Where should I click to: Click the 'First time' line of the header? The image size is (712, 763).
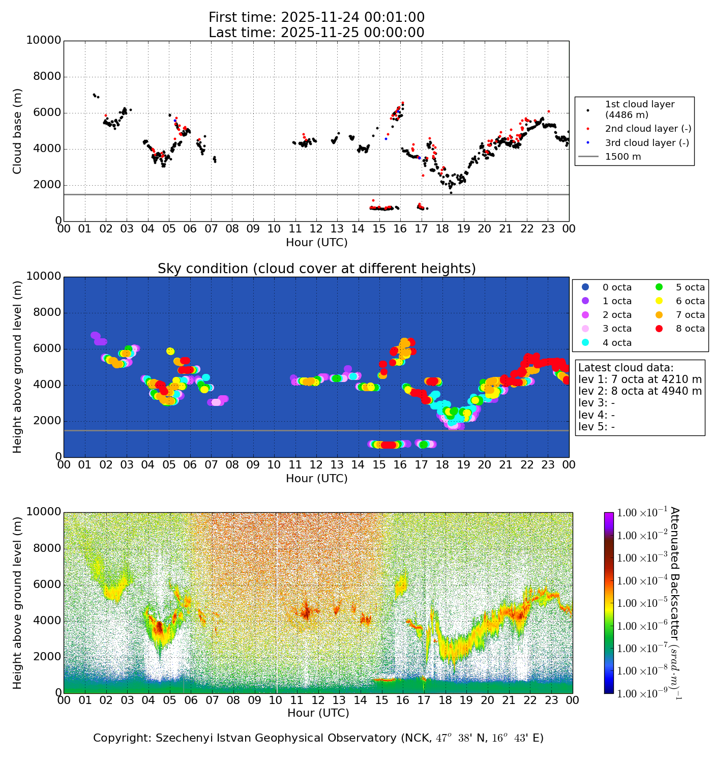pyautogui.click(x=316, y=18)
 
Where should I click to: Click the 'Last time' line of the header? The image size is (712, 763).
pyautogui.click(x=316, y=33)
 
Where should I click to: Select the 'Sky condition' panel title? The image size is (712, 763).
pyautogui.click(x=316, y=269)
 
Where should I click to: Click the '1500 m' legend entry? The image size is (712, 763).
pyautogui.click(x=622, y=157)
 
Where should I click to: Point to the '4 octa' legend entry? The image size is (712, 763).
pyautogui.click(x=617, y=343)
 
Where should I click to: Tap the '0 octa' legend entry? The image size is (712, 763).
pyautogui.click(x=617, y=287)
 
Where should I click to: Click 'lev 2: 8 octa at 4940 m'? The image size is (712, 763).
pyautogui.click(x=640, y=391)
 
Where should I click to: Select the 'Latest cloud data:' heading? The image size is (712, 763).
pyautogui.click(x=626, y=368)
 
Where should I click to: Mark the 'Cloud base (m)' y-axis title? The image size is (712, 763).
pyautogui.click(x=18, y=131)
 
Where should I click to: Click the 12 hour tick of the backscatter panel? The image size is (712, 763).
pyautogui.click(x=318, y=700)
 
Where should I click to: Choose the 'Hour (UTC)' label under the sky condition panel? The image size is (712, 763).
pyautogui.click(x=316, y=479)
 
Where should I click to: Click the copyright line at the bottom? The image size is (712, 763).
pyautogui.click(x=318, y=738)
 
